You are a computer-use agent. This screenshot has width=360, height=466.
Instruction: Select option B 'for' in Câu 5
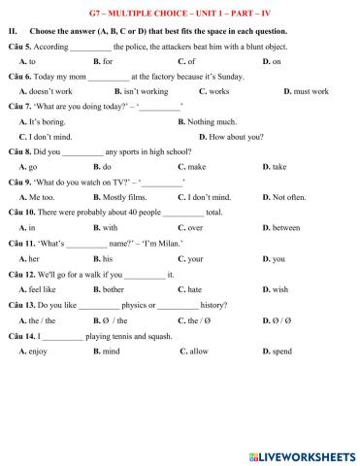[x=108, y=61]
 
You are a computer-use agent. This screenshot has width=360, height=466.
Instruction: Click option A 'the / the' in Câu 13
[x=43, y=319]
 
